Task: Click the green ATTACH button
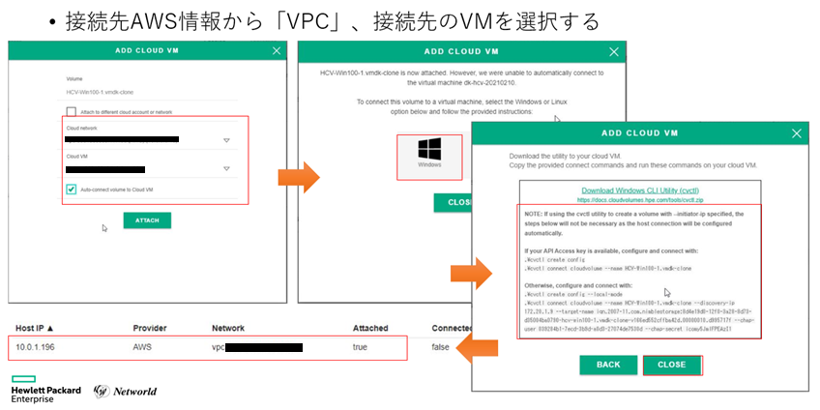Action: (147, 220)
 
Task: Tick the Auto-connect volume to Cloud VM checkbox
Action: (72, 190)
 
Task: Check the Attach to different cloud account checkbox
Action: (72, 112)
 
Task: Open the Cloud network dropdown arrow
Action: (226, 140)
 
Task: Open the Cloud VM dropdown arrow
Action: (226, 171)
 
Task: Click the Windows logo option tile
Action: (430, 155)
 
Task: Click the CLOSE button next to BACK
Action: (671, 365)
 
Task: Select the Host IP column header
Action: (35, 328)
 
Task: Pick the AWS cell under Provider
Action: (142, 346)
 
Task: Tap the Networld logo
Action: (127, 391)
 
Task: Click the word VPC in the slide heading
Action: (323, 20)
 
